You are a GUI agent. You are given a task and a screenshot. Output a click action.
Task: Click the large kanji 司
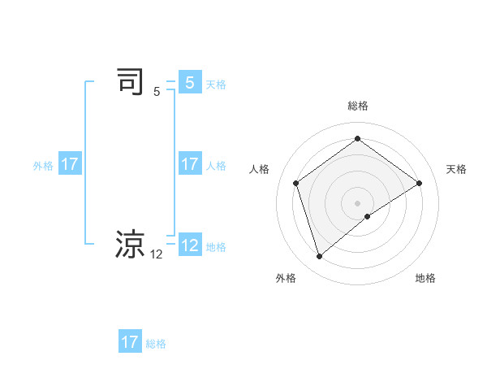pos(131,83)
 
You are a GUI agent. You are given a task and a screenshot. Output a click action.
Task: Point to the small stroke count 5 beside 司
pos(157,92)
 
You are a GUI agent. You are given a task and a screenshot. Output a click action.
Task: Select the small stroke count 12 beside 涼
pos(157,254)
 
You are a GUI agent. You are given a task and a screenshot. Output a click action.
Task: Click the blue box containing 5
pos(189,83)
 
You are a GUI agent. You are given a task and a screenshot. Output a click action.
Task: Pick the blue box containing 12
pos(189,245)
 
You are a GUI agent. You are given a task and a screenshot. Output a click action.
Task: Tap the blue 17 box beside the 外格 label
pos(70,164)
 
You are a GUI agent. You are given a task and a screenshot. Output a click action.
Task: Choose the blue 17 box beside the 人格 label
pos(189,164)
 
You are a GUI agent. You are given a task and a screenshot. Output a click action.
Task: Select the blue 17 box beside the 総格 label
pos(130,342)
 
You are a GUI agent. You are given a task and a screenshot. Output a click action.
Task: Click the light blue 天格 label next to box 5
pos(216,85)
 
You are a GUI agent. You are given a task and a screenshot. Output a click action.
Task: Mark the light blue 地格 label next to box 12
pos(216,247)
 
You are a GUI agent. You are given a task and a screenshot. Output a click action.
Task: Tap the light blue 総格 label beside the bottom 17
pos(156,344)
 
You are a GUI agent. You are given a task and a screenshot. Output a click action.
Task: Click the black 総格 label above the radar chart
pos(357,106)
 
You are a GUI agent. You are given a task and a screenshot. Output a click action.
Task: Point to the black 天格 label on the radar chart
pos(456,169)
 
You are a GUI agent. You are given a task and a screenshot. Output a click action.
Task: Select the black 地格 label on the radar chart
pos(425,278)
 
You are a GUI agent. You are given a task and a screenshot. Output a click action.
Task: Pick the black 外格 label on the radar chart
pos(286,278)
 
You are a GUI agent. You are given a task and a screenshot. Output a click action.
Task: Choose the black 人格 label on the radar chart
pos(259,169)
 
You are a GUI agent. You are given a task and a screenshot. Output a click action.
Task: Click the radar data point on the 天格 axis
pos(419,183)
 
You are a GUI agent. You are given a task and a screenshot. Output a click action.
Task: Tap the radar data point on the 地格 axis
pos(368,216)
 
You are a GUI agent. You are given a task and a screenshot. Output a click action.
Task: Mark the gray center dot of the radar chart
pos(357,202)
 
